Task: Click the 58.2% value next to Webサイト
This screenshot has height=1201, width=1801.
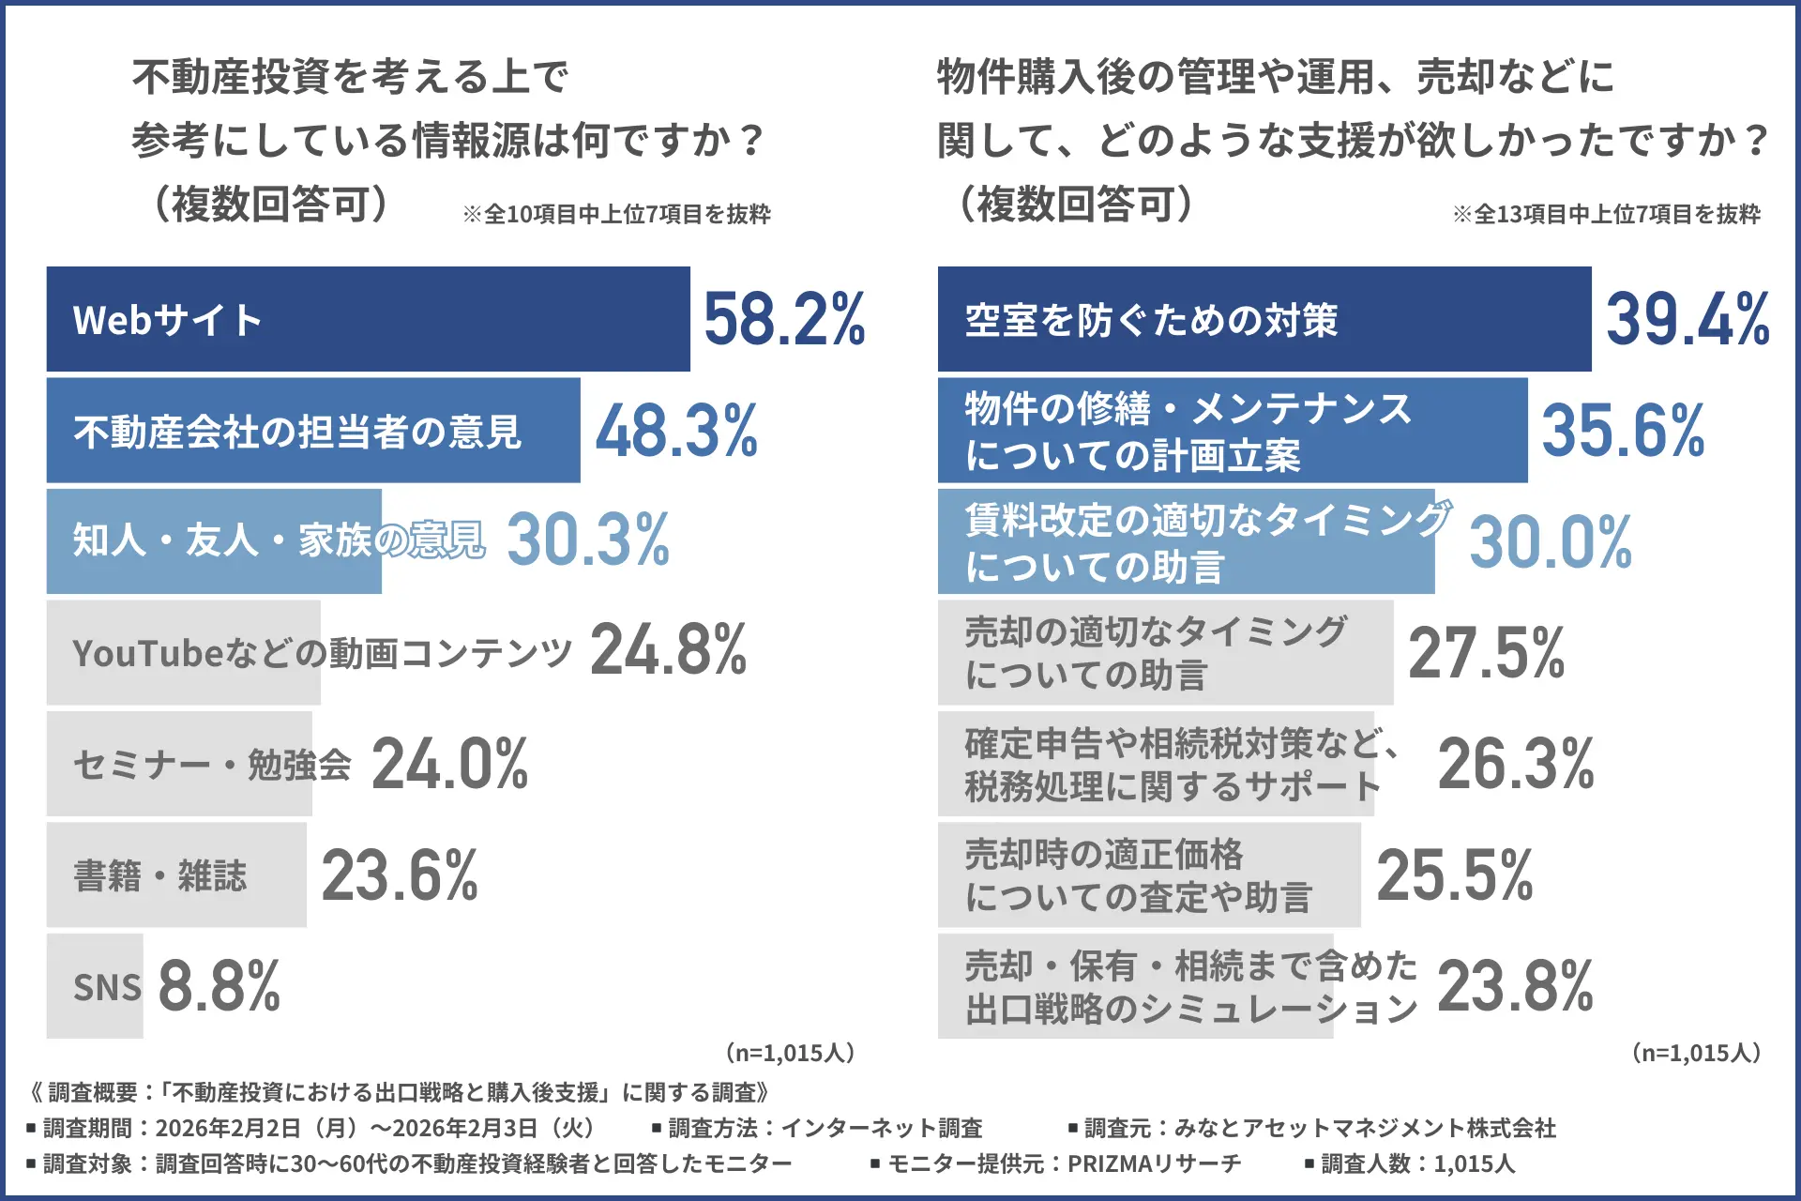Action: click(784, 320)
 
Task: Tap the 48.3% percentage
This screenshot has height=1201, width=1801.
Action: click(676, 432)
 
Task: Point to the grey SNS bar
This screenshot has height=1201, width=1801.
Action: click(95, 986)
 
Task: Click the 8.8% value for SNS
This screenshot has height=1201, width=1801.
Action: click(219, 986)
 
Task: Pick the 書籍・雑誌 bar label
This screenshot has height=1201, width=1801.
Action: click(160, 875)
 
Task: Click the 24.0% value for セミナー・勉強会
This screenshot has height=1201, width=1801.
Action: click(450, 764)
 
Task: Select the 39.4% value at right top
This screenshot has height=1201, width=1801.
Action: click(1687, 320)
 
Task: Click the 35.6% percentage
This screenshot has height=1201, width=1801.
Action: click(1623, 432)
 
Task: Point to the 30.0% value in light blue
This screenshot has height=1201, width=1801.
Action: click(1550, 542)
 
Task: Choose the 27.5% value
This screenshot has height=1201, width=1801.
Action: click(1486, 653)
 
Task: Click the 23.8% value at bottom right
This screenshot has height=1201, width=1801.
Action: click(1515, 986)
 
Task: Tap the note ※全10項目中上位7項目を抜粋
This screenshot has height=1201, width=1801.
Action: click(616, 215)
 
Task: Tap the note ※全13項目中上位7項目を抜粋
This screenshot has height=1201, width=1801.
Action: click(1606, 215)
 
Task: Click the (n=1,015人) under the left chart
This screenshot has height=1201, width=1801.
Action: click(790, 1053)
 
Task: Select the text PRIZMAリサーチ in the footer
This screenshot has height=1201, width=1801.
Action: click(1154, 1164)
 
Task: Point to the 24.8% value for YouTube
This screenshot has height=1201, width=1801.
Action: click(668, 649)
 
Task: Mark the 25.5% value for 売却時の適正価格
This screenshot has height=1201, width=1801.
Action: click(1454, 875)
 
